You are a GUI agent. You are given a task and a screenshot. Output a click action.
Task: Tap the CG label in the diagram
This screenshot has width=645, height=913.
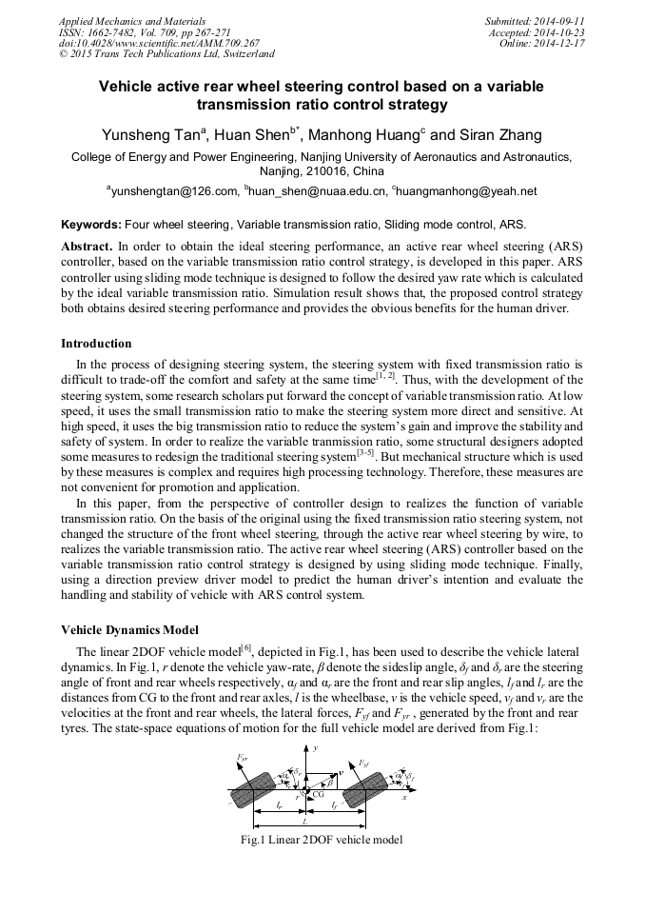[x=319, y=793]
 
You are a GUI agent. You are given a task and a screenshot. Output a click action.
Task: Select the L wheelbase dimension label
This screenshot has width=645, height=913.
[x=304, y=820]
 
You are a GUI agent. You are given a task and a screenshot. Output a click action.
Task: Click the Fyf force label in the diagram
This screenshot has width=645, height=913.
[x=364, y=763]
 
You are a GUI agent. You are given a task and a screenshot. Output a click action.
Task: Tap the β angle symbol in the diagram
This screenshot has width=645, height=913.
[x=329, y=783]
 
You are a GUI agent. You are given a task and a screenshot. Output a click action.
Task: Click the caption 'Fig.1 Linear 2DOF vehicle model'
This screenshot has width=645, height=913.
[x=322, y=840]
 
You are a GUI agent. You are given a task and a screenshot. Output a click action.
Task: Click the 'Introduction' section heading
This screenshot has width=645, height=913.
[x=96, y=344]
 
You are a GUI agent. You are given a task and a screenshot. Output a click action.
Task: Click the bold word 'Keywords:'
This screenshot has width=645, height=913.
[x=90, y=225]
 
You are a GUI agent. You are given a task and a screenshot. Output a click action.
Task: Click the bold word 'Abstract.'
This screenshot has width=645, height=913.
[x=87, y=246]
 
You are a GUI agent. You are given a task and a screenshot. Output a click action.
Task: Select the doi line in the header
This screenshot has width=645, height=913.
[x=159, y=43]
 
